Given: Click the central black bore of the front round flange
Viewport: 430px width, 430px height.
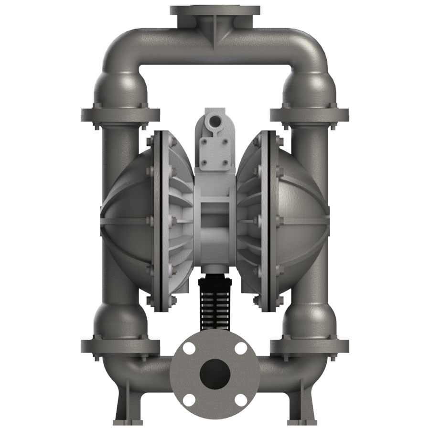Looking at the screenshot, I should coord(215,371).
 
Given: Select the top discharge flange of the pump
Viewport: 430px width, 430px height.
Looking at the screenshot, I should coord(215,11).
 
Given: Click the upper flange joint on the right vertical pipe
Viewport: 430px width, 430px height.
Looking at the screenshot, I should coord(310,115).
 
